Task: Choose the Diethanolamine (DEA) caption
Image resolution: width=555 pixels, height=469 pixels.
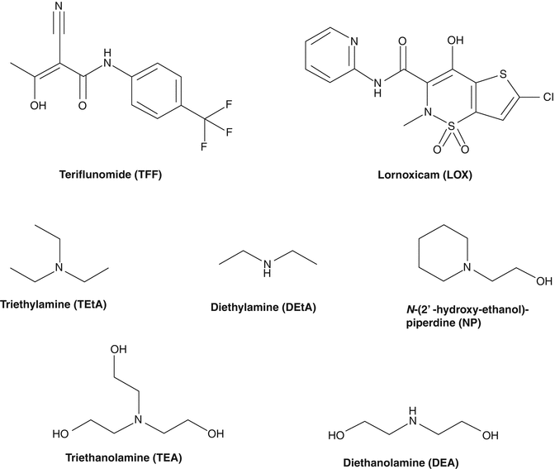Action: click(x=416, y=462)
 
